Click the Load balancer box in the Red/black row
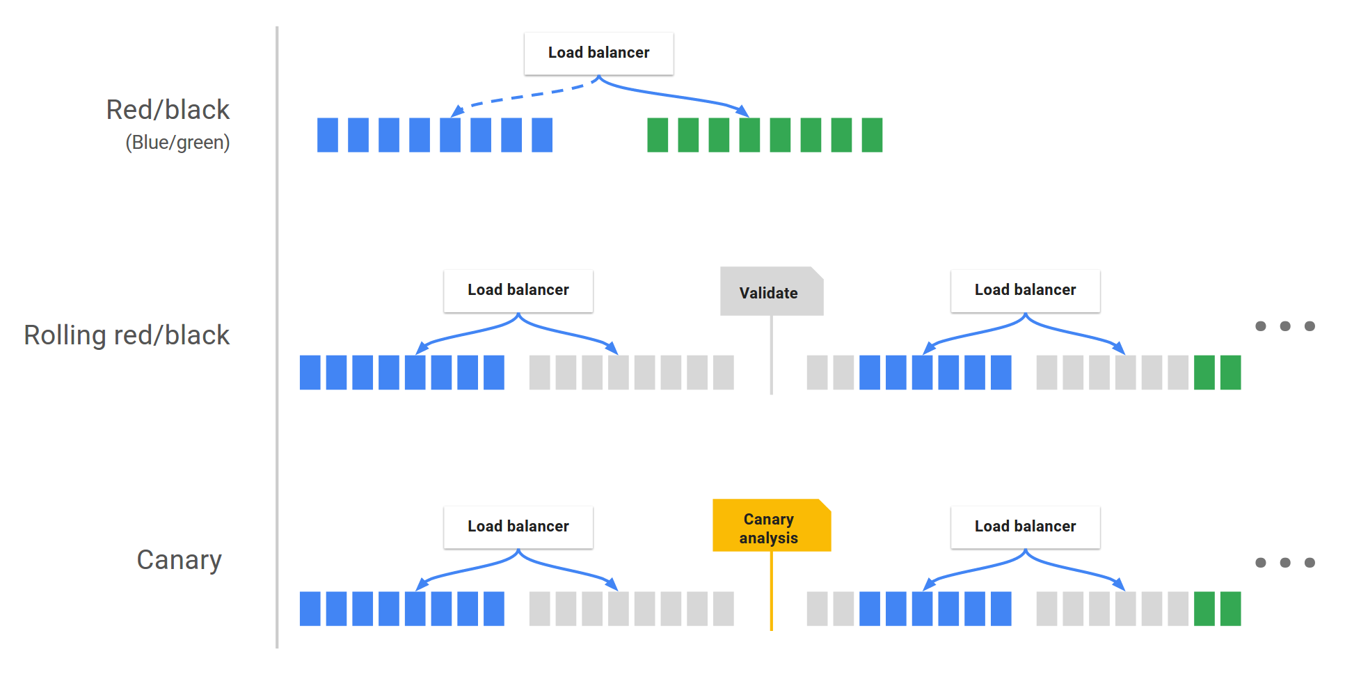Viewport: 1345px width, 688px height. point(598,53)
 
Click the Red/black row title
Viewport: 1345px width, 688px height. point(168,110)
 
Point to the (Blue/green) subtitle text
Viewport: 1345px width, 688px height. point(177,143)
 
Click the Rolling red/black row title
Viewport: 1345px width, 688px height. point(127,335)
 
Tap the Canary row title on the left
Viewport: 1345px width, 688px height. point(179,560)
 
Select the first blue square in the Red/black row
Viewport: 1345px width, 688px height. point(328,135)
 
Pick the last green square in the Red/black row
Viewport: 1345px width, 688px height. point(872,135)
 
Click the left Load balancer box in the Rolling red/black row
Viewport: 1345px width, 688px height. point(518,290)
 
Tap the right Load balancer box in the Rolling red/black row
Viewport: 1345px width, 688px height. point(1025,290)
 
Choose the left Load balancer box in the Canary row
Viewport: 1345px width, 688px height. point(518,527)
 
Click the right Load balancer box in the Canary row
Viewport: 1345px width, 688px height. point(1025,527)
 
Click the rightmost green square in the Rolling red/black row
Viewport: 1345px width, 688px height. point(1230,372)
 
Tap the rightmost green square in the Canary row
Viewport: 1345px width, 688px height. point(1230,609)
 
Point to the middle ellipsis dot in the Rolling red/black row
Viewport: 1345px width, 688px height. point(1285,326)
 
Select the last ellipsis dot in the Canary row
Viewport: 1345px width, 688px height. point(1310,563)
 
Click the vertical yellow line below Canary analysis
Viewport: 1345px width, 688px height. point(772,591)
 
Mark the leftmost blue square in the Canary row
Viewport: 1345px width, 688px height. point(310,609)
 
